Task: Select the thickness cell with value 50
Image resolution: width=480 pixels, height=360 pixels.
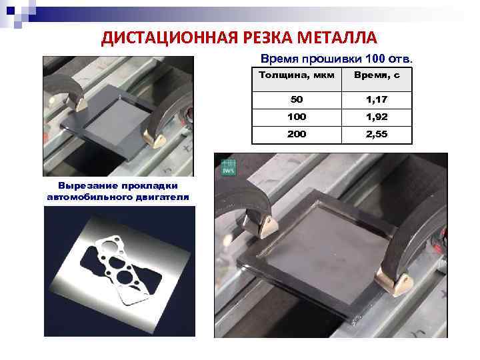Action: [x=297, y=99]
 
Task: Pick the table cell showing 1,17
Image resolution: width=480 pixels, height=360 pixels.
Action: [x=377, y=99]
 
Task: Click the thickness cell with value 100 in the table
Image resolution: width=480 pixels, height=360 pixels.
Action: [x=297, y=117]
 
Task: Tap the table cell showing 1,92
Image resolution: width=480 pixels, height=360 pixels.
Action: [x=377, y=117]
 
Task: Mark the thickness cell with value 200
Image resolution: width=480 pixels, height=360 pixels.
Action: [x=297, y=134]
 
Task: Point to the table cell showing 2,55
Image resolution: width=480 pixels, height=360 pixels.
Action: [x=377, y=134]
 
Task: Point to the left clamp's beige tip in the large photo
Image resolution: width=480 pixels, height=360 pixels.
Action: [x=265, y=226]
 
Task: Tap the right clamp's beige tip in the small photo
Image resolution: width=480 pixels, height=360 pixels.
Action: [x=160, y=139]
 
